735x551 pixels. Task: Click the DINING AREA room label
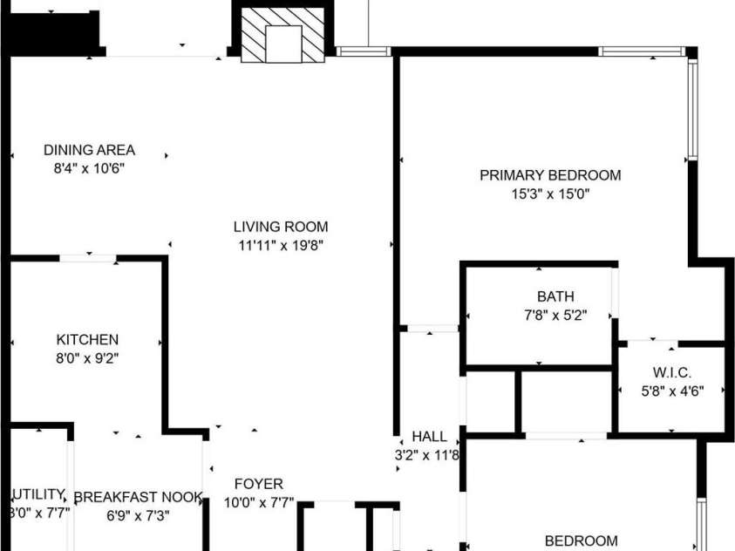[90, 150]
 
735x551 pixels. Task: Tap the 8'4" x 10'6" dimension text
[90, 168]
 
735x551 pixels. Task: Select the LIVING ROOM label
[275, 228]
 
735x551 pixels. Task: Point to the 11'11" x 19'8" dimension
[275, 246]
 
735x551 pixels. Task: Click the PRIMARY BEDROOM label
[550, 175]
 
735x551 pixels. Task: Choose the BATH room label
[555, 297]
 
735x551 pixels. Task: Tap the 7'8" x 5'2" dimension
[555, 316]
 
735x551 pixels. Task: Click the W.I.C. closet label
[671, 373]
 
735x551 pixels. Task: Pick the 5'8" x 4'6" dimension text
[671, 391]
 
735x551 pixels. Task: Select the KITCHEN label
[87, 339]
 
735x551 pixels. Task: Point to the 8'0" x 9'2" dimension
[87, 357]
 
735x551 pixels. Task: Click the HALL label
[429, 437]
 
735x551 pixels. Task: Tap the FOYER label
[259, 484]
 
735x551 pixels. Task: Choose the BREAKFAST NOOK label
[138, 498]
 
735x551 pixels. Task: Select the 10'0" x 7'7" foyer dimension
[259, 503]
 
